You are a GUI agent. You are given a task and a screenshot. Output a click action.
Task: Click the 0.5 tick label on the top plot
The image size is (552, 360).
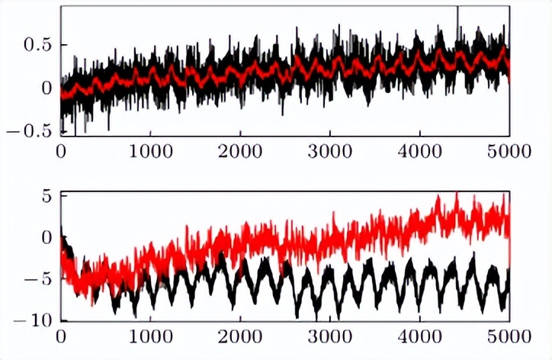(x=35, y=46)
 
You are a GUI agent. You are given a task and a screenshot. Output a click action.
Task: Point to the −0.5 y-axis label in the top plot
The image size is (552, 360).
(x=28, y=130)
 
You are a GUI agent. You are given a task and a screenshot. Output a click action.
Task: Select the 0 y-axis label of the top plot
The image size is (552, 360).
(x=45, y=88)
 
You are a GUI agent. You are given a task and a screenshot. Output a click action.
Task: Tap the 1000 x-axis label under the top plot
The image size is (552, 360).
(x=149, y=149)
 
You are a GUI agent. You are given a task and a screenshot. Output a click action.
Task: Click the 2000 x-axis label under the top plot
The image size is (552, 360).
(x=239, y=149)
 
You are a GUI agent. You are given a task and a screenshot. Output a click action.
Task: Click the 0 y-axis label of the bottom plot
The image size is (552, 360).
(x=45, y=237)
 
